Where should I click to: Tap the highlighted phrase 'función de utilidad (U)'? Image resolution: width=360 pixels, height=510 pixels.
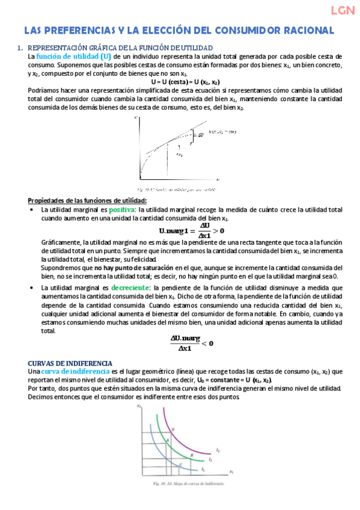69,56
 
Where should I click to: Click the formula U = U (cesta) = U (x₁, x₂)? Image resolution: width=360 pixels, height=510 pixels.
185,82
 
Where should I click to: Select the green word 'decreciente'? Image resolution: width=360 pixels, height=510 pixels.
132,288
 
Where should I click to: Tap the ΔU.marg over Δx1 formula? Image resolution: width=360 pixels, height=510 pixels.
192,342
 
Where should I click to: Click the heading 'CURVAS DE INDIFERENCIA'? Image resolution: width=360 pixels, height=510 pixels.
70,363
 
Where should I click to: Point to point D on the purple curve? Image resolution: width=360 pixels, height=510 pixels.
173,429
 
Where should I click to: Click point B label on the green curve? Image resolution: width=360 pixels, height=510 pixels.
191,456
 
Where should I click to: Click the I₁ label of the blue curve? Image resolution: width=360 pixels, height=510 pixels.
203,469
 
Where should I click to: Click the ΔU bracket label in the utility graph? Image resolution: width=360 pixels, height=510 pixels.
183,135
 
